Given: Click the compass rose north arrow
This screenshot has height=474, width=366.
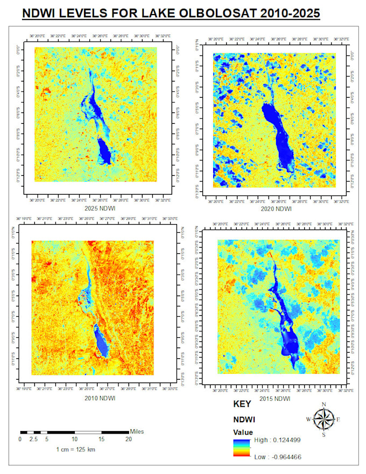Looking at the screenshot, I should tap(323, 419).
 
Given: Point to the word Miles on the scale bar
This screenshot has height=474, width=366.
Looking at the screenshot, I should tap(137, 431).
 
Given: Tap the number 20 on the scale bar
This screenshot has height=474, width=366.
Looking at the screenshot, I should tap(129, 440).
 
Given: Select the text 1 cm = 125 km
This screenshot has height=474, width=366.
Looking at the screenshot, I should tap(75, 449).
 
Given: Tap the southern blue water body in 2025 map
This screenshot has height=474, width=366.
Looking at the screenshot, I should tap(104, 150).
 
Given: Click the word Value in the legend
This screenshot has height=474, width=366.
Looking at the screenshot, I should tap(243, 432).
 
